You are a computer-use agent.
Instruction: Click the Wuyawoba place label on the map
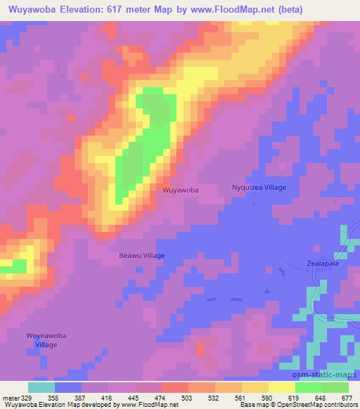click(180, 190)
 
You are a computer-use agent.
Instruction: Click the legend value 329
click(23, 397)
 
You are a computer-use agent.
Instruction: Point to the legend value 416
click(106, 397)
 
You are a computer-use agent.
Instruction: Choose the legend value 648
click(323, 397)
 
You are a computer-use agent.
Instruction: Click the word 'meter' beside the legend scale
click(9, 397)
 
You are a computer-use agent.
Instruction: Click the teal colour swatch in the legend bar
click(41, 387)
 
